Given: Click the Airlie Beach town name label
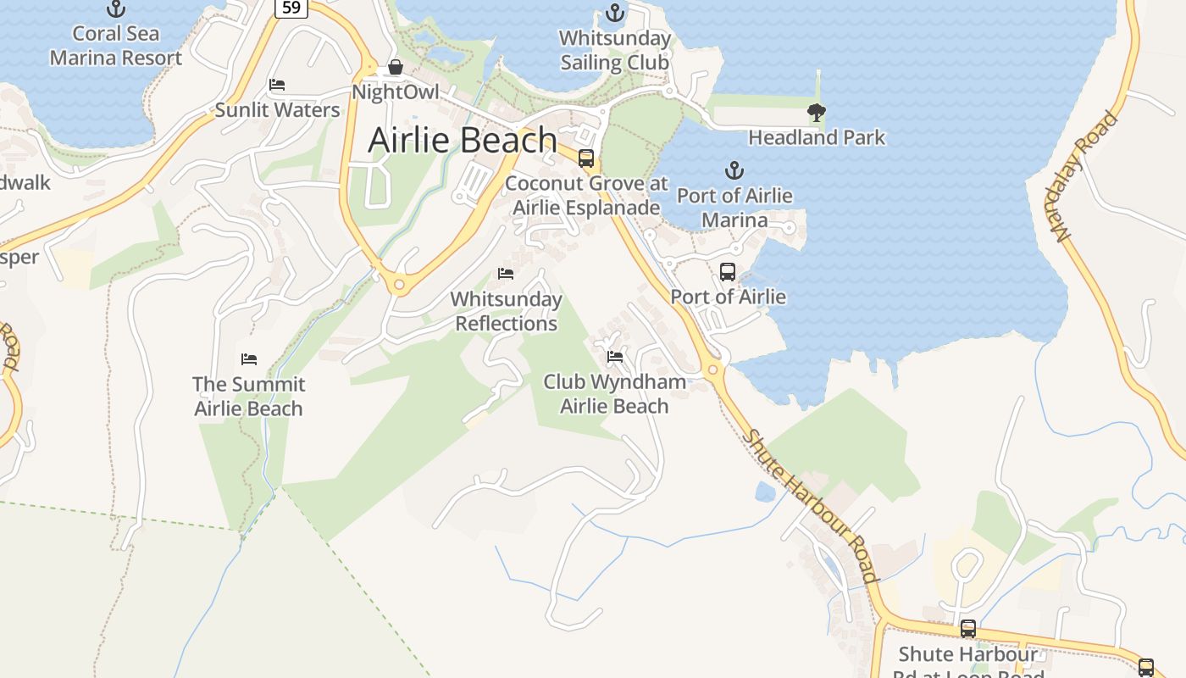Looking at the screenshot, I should [463, 140].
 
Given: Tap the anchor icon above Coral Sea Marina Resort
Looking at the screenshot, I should [115, 9].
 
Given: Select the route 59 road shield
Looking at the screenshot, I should [291, 8].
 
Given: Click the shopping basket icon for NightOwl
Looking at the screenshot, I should [395, 67].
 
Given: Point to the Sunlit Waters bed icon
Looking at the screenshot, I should [277, 85].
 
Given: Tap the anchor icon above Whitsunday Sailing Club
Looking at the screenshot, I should [615, 14].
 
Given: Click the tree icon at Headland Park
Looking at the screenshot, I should [817, 113].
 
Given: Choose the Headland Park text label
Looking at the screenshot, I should [817, 137].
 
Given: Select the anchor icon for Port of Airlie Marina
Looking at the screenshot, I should [734, 170].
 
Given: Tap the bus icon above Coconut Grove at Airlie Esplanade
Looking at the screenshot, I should [585, 158].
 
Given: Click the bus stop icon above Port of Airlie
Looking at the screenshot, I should [728, 272].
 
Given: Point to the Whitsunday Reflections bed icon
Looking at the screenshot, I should [506, 274].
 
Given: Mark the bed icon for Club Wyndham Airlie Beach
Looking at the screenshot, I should [615, 357].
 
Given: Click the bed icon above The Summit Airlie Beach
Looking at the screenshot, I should [248, 359].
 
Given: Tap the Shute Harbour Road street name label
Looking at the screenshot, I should [811, 506].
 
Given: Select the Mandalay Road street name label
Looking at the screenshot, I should [1087, 176].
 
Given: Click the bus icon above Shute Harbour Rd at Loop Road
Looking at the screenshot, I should [968, 629].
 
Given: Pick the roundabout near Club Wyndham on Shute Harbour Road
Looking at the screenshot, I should [713, 370].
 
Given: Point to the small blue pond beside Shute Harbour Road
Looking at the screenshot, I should [765, 492].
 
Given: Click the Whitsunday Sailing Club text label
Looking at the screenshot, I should [615, 51].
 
